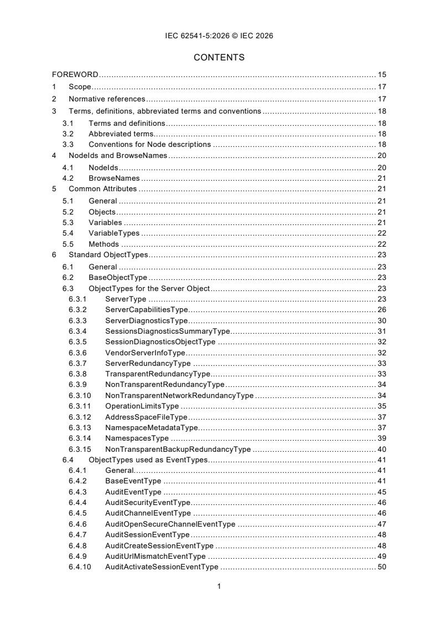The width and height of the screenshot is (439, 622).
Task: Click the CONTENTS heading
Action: [x=219, y=57]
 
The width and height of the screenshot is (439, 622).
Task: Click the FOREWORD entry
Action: [x=75, y=74]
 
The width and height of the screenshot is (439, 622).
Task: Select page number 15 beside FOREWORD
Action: [x=381, y=74]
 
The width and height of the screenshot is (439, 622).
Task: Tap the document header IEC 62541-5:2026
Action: [x=219, y=35]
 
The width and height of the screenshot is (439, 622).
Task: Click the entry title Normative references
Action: [x=107, y=99]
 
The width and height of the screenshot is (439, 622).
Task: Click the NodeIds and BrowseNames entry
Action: [x=118, y=156]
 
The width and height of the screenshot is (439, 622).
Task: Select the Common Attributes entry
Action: [x=102, y=189]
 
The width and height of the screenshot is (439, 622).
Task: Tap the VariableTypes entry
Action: [x=114, y=233]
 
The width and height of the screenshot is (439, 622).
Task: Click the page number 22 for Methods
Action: [x=381, y=244]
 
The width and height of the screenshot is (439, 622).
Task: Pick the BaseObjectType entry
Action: [x=117, y=278]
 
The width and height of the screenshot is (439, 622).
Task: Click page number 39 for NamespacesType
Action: [x=381, y=438]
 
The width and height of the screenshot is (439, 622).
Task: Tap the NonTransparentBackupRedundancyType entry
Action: [x=178, y=449]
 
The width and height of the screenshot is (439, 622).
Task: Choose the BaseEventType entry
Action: [x=133, y=481]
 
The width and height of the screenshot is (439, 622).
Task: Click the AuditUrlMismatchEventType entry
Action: [x=155, y=556]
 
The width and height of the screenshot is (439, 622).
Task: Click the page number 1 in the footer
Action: [x=219, y=586]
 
